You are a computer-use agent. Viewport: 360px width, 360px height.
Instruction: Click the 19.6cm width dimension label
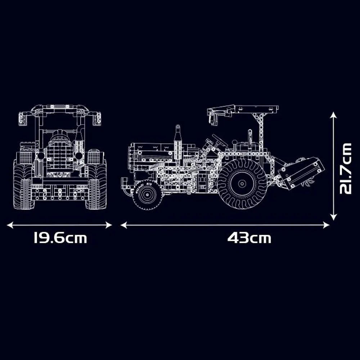pos(60,238)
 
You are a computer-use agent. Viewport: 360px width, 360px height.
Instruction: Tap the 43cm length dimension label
pos(249,238)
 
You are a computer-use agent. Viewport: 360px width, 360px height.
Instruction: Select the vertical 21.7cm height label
pos(346,169)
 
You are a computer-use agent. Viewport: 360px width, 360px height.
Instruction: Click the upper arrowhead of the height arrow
pos(333,115)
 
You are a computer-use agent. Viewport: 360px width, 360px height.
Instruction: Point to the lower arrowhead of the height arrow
pos(333,217)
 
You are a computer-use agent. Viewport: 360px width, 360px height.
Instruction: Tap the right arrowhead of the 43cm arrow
pos(326,225)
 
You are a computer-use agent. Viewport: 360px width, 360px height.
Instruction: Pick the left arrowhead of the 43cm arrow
pos(123,225)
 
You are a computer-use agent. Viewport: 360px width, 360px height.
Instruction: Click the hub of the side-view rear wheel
pos(242,184)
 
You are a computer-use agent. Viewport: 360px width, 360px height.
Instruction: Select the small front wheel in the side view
pos(147,195)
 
